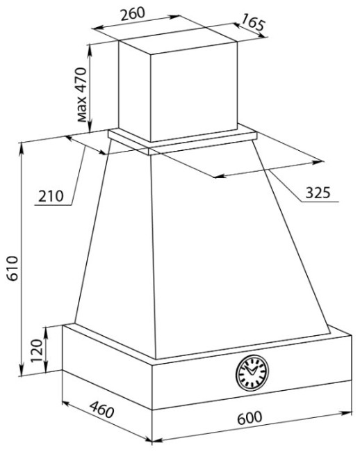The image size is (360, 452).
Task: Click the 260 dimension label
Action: [x=133, y=14]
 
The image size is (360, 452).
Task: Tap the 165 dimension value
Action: [x=252, y=22]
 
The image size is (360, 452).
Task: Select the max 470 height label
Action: [x=81, y=95]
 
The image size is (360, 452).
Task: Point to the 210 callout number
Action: [x=51, y=196]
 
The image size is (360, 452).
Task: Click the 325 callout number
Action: [x=318, y=193]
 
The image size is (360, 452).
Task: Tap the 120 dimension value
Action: [x=37, y=350]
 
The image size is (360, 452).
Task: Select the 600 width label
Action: [x=249, y=418]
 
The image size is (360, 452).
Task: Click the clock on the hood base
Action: [x=252, y=373]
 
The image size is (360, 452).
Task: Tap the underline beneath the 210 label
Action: [x=53, y=205]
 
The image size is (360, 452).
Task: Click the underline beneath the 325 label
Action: [x=320, y=201]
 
